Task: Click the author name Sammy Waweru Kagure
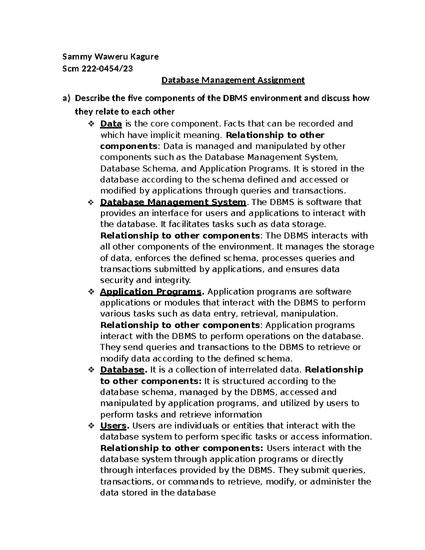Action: [110, 57]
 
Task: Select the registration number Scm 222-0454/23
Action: [97, 69]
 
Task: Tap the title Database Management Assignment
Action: [233, 80]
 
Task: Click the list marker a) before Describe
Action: [67, 98]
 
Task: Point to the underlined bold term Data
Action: [111, 124]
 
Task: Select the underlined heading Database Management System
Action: [173, 202]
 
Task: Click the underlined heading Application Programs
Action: [151, 292]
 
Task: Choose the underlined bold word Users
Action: [113, 426]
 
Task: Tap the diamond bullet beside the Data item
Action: [90, 124]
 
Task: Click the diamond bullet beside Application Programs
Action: [90, 292]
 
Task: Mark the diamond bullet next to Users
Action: [90, 426]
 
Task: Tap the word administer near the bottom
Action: [327, 482]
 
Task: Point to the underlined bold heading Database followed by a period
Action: [122, 370]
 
